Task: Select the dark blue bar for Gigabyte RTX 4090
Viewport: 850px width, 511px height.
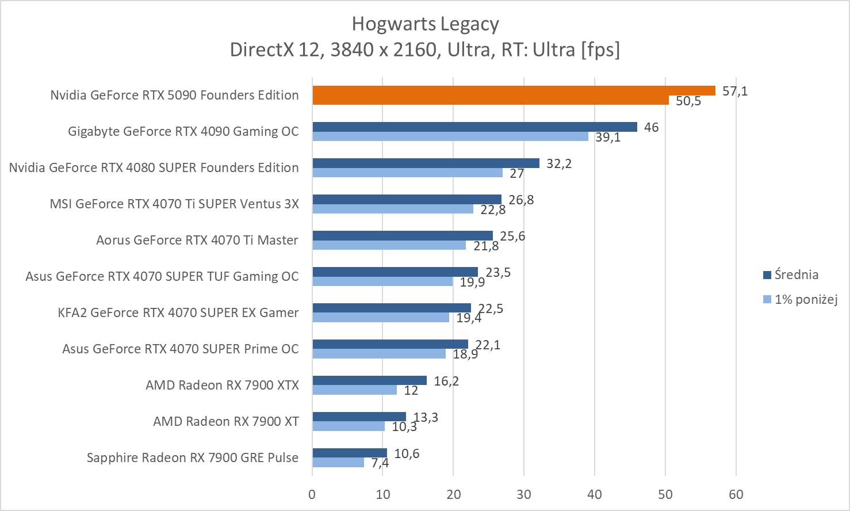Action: click(474, 127)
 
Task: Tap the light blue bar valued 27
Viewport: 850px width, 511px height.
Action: click(407, 173)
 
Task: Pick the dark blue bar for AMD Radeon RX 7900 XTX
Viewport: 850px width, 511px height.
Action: click(369, 380)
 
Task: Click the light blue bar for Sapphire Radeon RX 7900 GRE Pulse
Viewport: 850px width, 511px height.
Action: click(338, 462)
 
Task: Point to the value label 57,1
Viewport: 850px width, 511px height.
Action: click(735, 91)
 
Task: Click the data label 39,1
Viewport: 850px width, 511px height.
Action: click(608, 138)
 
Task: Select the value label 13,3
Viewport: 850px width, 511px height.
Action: click(426, 417)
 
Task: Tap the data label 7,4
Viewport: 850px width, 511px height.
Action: click(380, 463)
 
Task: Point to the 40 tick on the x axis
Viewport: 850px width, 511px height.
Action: click(595, 494)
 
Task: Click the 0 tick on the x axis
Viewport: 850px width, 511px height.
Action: click(312, 494)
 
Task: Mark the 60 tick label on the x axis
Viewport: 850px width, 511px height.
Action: click(736, 494)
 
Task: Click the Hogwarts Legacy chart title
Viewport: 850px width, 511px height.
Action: click(425, 24)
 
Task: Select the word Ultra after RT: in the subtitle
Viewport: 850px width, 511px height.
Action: click(554, 49)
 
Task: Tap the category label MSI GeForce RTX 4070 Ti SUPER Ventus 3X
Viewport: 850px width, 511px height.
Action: click(174, 204)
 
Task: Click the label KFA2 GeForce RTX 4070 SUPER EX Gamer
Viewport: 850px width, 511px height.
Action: click(178, 312)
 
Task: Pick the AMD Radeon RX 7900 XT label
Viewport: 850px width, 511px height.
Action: click(226, 421)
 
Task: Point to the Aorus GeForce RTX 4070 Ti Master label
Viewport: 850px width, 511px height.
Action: click(197, 240)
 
